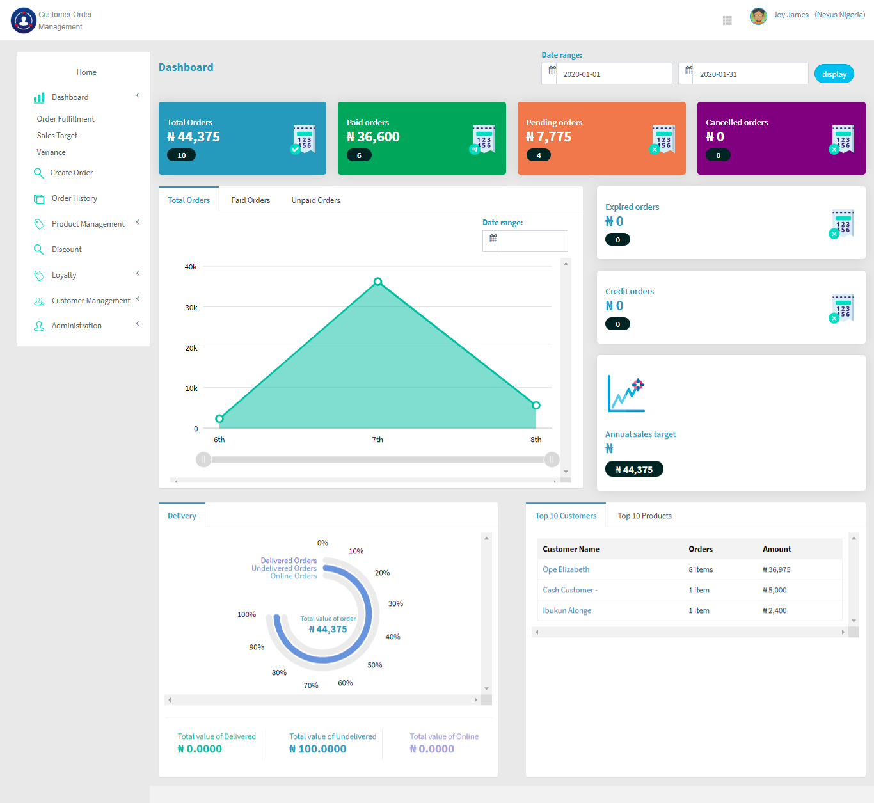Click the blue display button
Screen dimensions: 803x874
point(834,74)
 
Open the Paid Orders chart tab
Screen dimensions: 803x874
point(250,200)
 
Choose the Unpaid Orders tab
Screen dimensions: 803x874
point(315,200)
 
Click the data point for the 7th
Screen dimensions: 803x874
point(378,282)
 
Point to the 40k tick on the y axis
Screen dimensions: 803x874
point(191,267)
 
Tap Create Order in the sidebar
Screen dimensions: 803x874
point(72,173)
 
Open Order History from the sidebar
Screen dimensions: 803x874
point(74,198)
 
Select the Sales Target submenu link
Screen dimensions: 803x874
point(57,136)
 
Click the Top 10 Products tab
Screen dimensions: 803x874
point(644,516)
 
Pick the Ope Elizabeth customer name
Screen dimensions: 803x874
point(566,569)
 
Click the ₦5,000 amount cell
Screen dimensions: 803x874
point(775,590)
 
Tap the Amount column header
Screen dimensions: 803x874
point(777,549)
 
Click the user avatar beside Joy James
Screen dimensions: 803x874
point(758,15)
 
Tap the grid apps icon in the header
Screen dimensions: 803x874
point(727,20)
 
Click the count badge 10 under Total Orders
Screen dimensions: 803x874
point(182,155)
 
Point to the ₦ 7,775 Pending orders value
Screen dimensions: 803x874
point(549,137)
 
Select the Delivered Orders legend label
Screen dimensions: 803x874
point(289,561)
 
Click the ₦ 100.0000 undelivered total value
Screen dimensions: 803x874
point(318,749)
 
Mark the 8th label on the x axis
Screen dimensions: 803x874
point(536,440)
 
